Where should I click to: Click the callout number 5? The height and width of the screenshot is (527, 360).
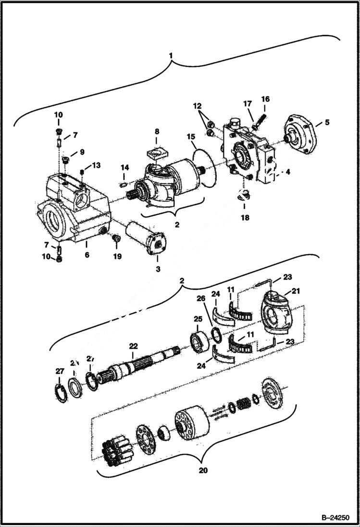point(327,122)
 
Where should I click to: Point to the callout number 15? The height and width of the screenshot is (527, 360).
point(191,137)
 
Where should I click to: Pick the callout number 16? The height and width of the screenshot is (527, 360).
point(265,99)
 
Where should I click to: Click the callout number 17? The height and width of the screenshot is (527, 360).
point(248,103)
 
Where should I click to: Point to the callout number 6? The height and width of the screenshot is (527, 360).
point(87,255)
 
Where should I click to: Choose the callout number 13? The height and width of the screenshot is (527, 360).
point(96,165)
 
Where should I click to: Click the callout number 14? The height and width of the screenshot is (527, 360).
point(124,167)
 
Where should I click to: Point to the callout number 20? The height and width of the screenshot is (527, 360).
point(203,470)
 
